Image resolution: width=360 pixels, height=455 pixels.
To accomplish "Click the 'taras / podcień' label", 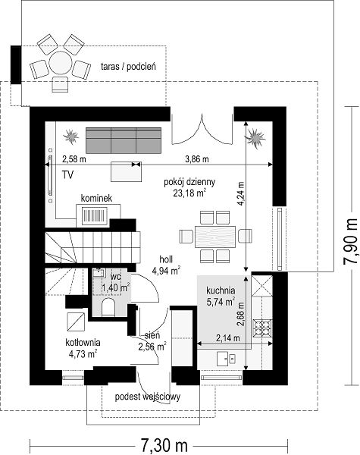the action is click(x=128, y=67).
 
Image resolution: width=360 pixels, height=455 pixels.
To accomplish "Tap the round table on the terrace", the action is click(x=61, y=63).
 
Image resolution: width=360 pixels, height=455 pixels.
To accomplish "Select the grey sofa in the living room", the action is click(x=124, y=140).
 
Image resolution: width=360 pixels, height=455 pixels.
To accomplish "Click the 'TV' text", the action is click(x=67, y=174).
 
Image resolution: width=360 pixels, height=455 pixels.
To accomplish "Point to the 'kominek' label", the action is click(x=96, y=199).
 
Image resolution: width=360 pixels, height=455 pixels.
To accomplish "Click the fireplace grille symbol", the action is click(x=94, y=216).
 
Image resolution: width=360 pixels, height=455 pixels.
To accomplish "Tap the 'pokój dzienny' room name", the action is click(x=189, y=182).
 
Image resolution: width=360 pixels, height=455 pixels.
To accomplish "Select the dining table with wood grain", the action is click(x=215, y=237).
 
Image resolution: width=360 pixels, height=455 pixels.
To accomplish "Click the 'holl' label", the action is click(x=166, y=259).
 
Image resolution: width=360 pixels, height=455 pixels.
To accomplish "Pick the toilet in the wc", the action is click(x=108, y=307).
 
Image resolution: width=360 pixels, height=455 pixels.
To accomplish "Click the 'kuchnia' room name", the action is click(x=221, y=290).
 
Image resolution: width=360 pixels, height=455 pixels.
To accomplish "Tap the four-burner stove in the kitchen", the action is click(x=262, y=328).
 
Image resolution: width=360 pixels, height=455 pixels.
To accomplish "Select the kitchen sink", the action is click(x=226, y=359).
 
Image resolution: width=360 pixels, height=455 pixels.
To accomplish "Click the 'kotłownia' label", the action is click(x=83, y=343).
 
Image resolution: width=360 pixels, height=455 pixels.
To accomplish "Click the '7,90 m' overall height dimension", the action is click(x=350, y=242).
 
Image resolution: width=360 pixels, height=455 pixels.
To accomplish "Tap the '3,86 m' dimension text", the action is click(x=197, y=159).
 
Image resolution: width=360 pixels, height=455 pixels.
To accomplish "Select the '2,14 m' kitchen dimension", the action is click(x=227, y=337).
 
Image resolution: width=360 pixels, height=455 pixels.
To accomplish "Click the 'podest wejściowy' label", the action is click(x=147, y=397).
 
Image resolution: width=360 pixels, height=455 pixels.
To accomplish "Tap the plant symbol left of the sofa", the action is click(x=70, y=136).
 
